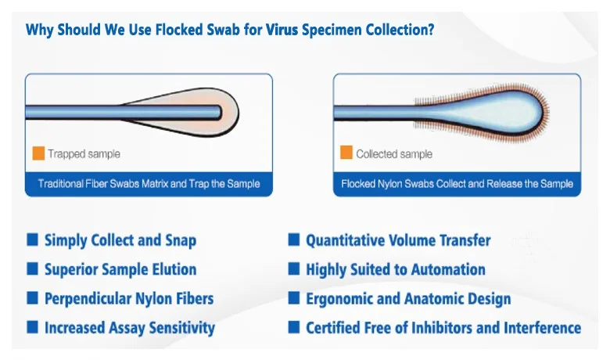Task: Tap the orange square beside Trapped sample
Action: pos(38,153)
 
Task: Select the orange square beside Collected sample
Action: pos(346,153)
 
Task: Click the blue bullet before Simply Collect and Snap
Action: pos(32,239)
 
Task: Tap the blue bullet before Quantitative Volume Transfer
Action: pos(294,239)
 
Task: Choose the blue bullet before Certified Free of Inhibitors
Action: pos(294,327)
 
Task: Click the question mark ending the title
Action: pos(430,30)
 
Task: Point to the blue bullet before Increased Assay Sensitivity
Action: pos(32,327)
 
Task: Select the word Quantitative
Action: pos(342,240)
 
